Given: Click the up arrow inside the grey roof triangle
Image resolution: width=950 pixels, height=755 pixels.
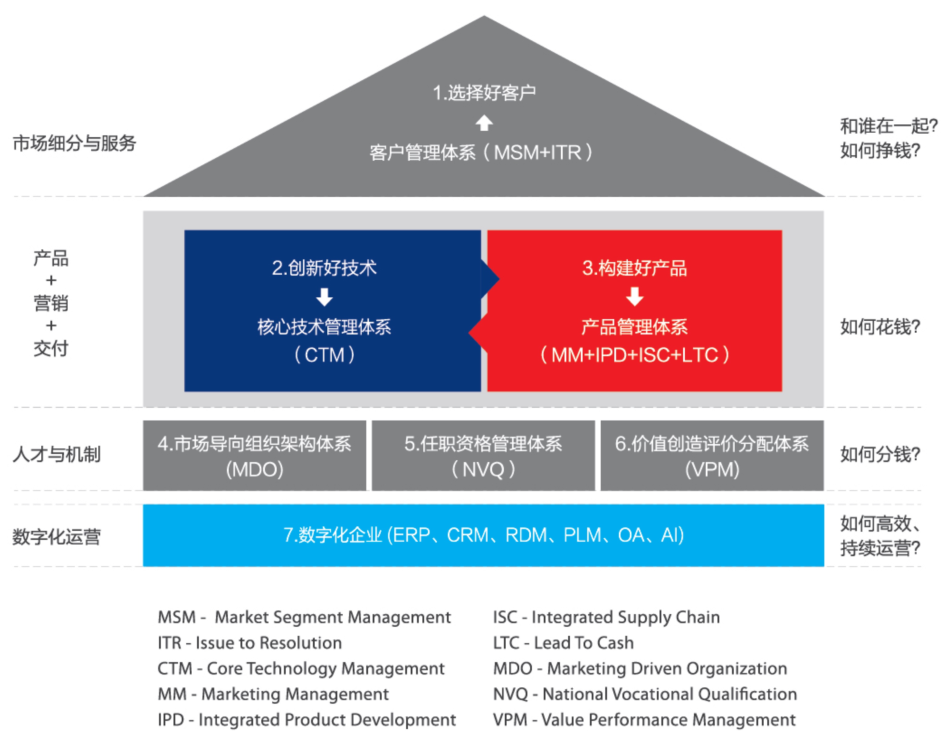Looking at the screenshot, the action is [x=484, y=123].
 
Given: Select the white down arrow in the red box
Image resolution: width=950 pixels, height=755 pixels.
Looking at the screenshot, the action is [x=634, y=297].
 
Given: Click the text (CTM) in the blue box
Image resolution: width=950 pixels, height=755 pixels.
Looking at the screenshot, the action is [x=324, y=355].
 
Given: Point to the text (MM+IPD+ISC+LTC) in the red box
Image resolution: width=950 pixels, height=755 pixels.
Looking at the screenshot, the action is [x=634, y=355].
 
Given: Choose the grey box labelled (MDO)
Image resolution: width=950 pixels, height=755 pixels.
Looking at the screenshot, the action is [x=254, y=455].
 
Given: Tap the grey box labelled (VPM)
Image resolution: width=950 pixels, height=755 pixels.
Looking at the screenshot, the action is [x=712, y=455].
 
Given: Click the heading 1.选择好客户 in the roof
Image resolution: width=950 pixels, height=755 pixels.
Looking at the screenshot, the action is [x=484, y=93].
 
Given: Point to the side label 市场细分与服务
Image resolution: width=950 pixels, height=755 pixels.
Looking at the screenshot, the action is [x=74, y=143].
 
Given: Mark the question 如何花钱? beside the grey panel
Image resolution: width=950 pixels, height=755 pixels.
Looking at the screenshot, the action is [x=880, y=327].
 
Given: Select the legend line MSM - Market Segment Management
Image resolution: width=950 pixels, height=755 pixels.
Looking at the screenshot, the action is [x=304, y=617].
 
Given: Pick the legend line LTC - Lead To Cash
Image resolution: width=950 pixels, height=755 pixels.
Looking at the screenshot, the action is [x=563, y=643].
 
